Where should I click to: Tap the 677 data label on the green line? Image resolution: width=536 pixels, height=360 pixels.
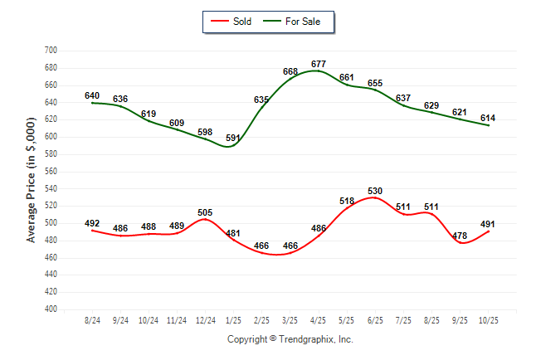(319, 64)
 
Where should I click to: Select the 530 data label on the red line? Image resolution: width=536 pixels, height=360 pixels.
(375, 191)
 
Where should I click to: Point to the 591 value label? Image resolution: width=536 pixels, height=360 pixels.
(234, 138)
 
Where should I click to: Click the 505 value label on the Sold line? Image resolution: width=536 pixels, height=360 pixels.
(206, 212)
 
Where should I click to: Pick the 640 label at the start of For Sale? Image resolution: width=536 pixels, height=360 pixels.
(92, 95)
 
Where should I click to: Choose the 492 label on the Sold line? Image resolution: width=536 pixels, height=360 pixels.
(92, 223)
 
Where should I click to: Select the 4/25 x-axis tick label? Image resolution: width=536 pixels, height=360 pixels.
(319, 319)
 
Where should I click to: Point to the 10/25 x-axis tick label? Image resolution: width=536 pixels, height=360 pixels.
(489, 319)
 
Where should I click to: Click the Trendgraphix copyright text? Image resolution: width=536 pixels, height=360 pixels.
(290, 339)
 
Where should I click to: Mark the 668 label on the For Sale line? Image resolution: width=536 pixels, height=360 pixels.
(290, 72)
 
